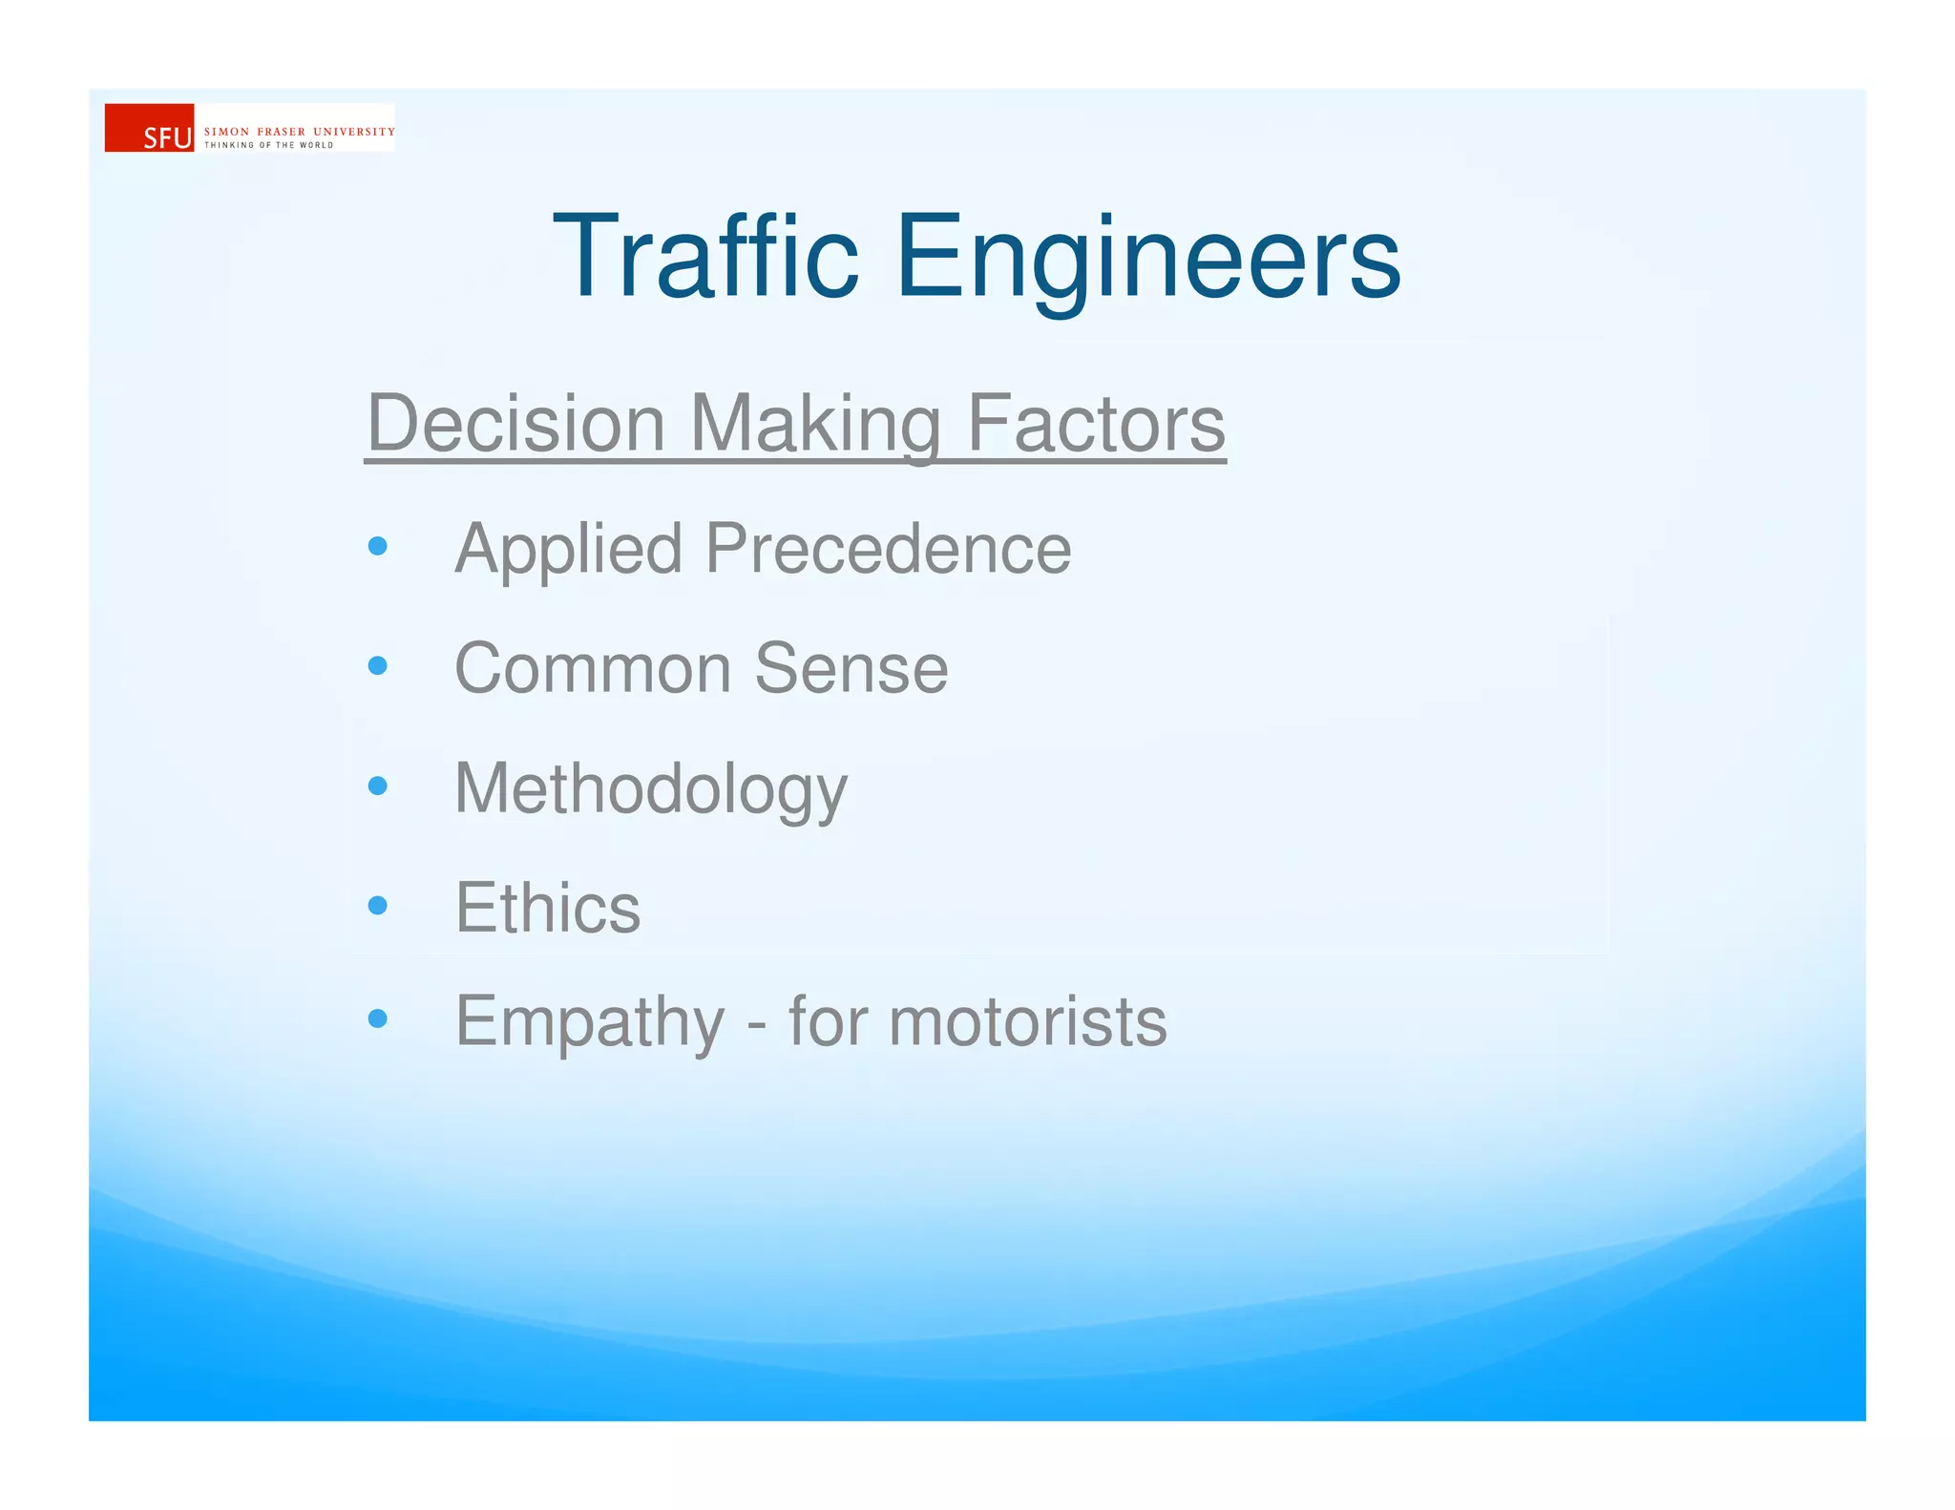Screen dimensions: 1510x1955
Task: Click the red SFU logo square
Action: pos(149,128)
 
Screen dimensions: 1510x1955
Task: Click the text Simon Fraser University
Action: pos(299,132)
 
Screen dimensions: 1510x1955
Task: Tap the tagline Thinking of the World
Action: pos(268,145)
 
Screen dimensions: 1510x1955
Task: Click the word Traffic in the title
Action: pos(705,258)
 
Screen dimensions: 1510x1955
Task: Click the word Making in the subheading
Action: pos(815,425)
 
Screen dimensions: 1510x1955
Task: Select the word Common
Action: pos(593,668)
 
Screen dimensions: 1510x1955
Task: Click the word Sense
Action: pos(851,668)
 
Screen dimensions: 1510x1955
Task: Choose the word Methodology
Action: pos(651,789)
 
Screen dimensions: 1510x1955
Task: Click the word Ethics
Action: pos(547,907)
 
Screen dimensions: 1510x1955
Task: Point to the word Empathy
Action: pos(590,1022)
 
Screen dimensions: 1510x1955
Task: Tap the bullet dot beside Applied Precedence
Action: pos(378,546)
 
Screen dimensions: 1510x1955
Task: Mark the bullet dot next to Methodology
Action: pos(378,786)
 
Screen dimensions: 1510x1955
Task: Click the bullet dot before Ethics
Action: pos(378,905)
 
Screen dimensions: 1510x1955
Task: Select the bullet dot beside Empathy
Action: pos(378,1018)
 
